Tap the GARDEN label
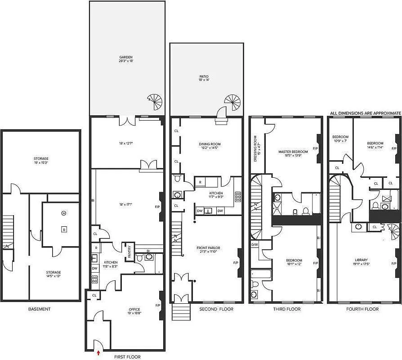tap(126, 57)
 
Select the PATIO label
tap(204, 77)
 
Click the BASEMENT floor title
tap(39, 309)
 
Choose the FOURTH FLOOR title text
tap(362, 309)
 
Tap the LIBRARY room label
tap(361, 260)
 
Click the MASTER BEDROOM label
tap(293, 152)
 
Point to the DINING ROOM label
tap(210, 144)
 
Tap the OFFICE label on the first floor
tap(134, 309)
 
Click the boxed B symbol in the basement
tap(64, 229)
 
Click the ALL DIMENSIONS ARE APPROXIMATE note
tap(365, 113)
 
